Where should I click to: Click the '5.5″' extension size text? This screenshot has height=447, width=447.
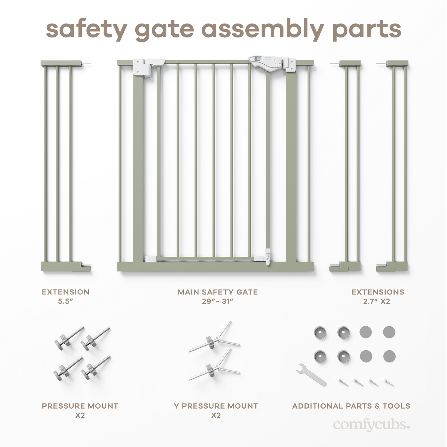click(x=66, y=301)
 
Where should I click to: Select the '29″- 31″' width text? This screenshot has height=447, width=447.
click(x=217, y=301)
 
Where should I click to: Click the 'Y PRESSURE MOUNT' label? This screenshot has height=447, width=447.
click(x=216, y=406)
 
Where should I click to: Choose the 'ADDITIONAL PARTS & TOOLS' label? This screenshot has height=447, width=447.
click(x=351, y=406)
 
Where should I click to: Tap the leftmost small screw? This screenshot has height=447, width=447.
click(x=343, y=383)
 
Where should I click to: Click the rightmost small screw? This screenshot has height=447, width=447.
click(x=389, y=383)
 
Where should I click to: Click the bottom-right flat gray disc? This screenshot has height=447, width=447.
click(x=389, y=356)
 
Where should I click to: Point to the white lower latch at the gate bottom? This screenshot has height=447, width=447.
click(x=268, y=257)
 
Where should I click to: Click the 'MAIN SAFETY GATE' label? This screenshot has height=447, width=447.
click(x=217, y=292)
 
